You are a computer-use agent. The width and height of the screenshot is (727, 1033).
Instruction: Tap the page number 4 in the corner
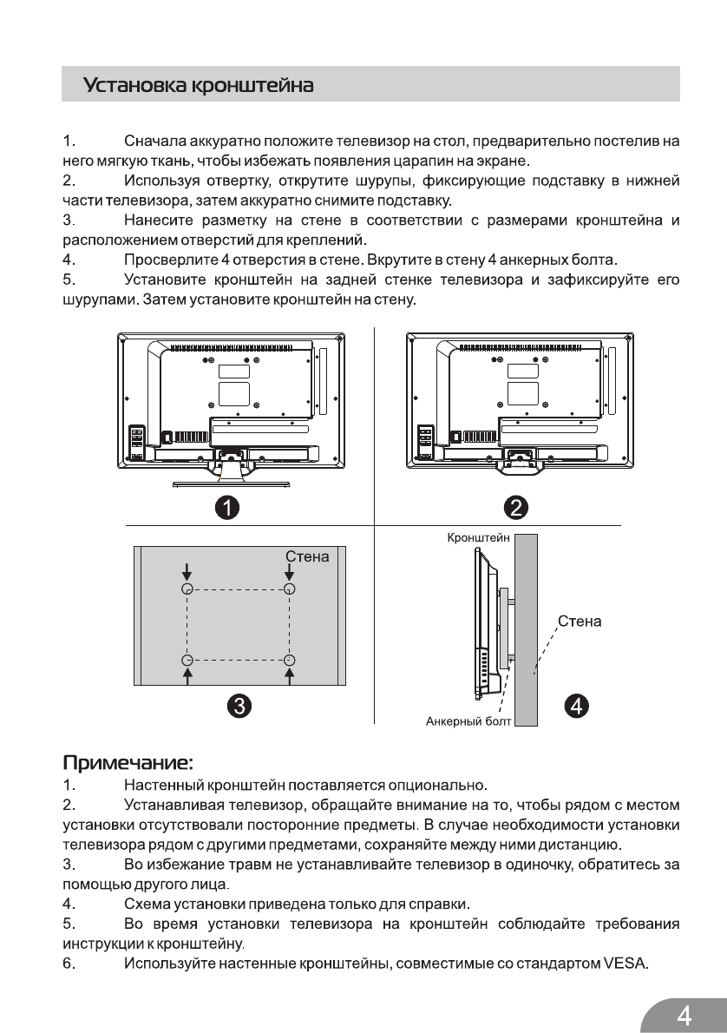pyautogui.click(x=684, y=1015)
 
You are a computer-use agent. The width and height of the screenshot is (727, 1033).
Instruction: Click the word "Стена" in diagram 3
pyautogui.click(x=307, y=556)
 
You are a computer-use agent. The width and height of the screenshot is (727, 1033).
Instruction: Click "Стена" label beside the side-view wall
pyautogui.click(x=580, y=622)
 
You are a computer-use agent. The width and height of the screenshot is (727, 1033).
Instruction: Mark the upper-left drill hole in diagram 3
pyautogui.click(x=187, y=589)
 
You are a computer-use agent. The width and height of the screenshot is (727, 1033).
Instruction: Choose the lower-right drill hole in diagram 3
pyautogui.click(x=290, y=659)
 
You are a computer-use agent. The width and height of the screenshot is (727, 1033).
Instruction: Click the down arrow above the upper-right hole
pyautogui.click(x=290, y=571)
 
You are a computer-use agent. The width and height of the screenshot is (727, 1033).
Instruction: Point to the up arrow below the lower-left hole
pyautogui.click(x=187, y=675)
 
